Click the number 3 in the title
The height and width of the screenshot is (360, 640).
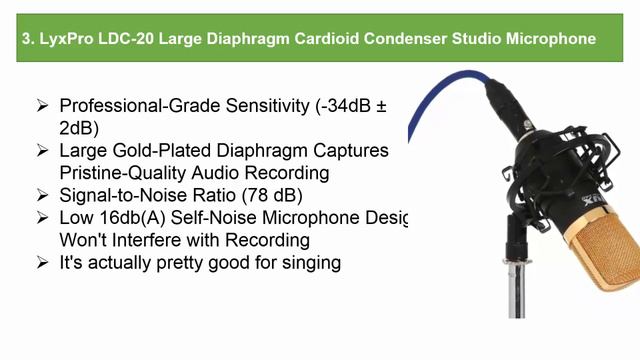(26, 39)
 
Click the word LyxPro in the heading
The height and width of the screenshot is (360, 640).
(63, 39)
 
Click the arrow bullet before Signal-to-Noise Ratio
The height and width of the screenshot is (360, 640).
(42, 195)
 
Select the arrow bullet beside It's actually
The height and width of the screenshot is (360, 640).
(42, 263)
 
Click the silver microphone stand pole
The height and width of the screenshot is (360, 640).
(514, 300)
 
